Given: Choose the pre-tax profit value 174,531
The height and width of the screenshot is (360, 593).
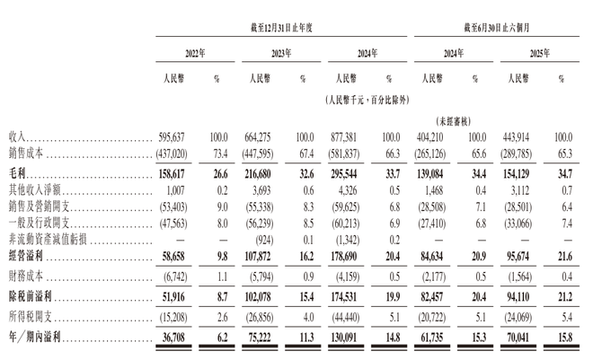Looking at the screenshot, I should (357, 295).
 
